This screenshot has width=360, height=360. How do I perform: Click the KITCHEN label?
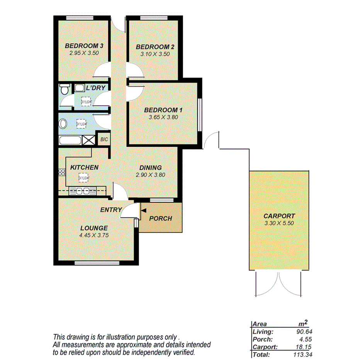click(84, 167)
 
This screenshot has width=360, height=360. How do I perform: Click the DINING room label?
click(150, 168)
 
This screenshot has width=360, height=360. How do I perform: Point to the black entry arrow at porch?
click(144, 211)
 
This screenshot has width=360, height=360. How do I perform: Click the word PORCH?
click(160, 218)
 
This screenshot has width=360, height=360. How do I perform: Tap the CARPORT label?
click(279, 216)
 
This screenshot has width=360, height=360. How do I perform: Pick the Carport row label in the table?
click(263, 346)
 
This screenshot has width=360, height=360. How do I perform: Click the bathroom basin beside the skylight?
click(63, 124)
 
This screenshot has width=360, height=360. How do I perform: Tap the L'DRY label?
click(96, 88)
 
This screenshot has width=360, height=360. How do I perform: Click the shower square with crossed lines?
click(88, 140)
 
